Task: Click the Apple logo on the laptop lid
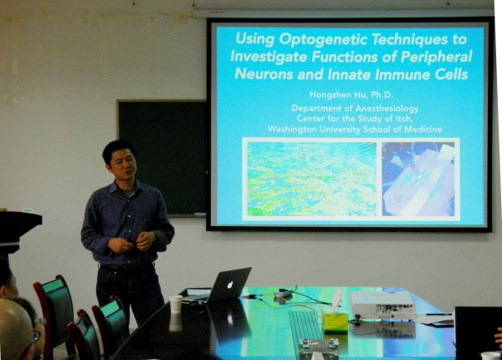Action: click(x=230, y=285)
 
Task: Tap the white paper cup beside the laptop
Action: click(x=176, y=304)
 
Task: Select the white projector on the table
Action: click(x=382, y=306)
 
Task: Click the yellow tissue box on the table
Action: click(x=335, y=321)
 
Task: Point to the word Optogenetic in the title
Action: click(x=323, y=39)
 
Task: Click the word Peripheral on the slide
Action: click(x=436, y=57)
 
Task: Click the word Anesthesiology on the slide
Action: click(x=387, y=109)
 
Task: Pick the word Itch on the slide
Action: click(x=402, y=119)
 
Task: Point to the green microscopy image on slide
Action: click(x=312, y=178)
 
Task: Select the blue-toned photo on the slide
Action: click(x=418, y=178)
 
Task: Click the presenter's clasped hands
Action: click(x=132, y=242)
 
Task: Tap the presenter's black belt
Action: click(x=126, y=267)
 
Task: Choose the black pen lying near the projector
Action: click(x=439, y=314)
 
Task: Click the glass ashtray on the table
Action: click(x=319, y=346)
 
